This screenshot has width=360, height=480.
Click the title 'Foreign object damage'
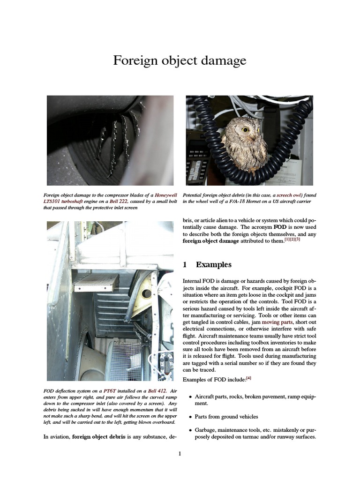(x=180, y=61)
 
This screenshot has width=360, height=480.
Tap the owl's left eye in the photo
(x=245, y=129)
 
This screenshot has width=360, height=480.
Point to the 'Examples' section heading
(x=213, y=265)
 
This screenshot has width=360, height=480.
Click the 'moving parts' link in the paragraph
(x=277, y=322)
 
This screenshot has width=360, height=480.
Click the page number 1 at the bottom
(x=180, y=454)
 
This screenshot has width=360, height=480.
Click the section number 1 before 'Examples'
(x=185, y=265)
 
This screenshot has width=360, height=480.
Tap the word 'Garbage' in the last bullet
(x=206, y=430)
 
